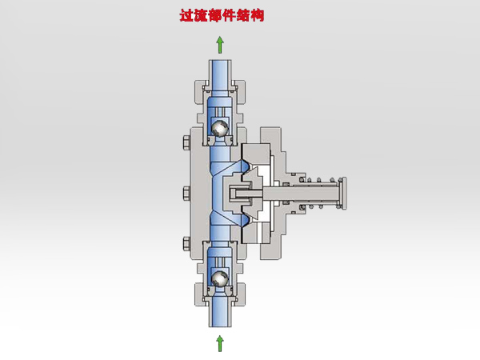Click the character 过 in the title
186,15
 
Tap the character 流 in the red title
202,15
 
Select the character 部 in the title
217,15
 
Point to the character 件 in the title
232,15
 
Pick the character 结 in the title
247,15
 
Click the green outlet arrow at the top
221,45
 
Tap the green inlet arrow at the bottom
221,343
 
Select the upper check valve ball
220,126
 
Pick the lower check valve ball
220,277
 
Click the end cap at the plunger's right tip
346,194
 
